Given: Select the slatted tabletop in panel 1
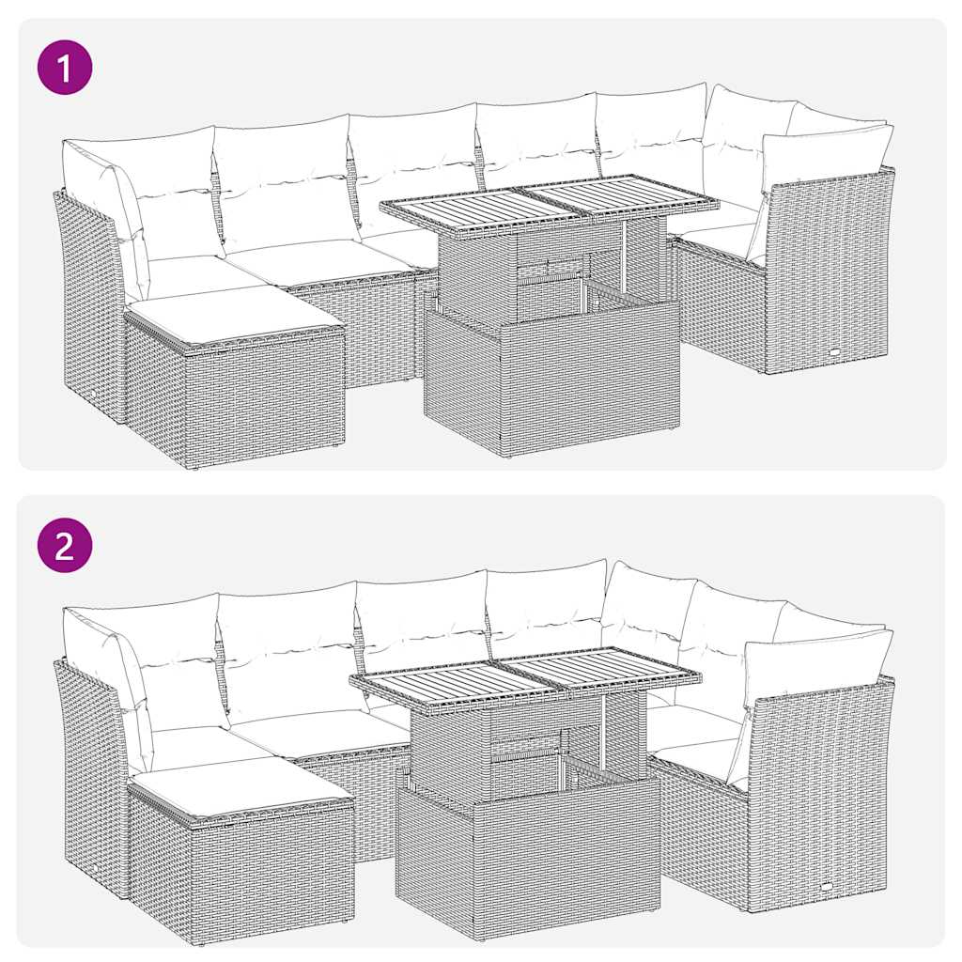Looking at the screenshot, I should click(550, 203).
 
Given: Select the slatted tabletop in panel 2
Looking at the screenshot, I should click(526, 675).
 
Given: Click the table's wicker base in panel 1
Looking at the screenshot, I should click(554, 380).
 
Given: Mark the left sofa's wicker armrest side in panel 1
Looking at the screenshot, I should click(89, 301).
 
